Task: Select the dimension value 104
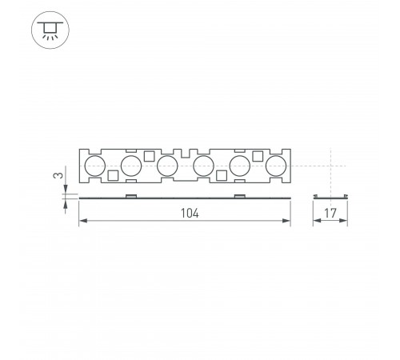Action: pos(189,214)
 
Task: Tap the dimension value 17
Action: pos(330,214)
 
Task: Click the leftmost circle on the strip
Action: pos(94,166)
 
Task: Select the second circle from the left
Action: pos(131,166)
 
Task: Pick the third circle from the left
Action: pos(167,166)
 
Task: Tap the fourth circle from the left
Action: pos(203,166)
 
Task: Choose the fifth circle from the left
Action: pos(239,166)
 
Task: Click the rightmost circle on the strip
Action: pos(275,166)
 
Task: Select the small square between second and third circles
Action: pos(149,156)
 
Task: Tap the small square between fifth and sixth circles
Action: pos(258,156)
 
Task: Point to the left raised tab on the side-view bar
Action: pos(131,194)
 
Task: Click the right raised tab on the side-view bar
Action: pos(239,194)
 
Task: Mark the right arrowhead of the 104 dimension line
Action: pos(287,222)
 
